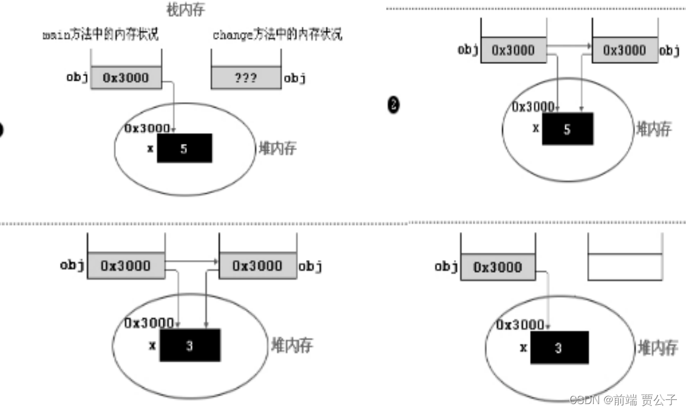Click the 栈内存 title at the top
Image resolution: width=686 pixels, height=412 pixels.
pos(185,10)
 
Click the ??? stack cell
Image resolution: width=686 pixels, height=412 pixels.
pos(245,78)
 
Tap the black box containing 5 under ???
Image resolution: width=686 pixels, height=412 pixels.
pos(185,148)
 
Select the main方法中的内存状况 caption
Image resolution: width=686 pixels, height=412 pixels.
pos(100,34)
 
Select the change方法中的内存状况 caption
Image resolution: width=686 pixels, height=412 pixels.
pos(277,34)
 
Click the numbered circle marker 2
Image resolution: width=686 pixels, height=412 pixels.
pos(393,105)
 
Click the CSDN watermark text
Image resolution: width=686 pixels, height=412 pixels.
pos(623,399)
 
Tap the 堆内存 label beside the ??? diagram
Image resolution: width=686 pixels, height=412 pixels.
pos(277,148)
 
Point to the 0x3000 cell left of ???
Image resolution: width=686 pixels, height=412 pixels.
pos(126,78)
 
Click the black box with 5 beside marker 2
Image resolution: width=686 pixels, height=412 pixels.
pos(567,128)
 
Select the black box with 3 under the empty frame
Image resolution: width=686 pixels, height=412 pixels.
pos(559,348)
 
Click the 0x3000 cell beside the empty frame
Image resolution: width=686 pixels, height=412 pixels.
pos(497,267)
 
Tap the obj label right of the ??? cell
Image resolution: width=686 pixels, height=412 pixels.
pos(295,78)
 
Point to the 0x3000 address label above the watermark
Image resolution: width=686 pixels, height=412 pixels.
pos(519,324)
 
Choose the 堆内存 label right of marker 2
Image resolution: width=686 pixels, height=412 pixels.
pos(653,128)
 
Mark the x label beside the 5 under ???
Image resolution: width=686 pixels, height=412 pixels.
pos(149,148)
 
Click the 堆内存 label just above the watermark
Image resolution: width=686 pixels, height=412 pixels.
pos(657,348)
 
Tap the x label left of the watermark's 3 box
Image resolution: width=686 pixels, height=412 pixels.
pos(523,348)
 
